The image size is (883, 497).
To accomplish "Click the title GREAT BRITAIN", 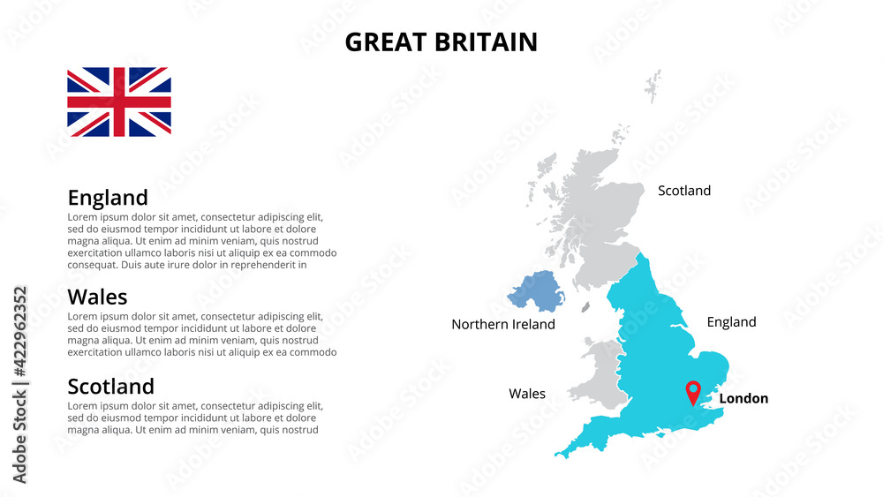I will click(441, 41).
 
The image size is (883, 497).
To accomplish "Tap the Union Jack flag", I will click(119, 102).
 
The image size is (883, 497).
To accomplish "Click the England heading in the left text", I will click(108, 197).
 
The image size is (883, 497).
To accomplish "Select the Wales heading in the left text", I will click(97, 297).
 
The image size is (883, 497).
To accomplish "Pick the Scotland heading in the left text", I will click(110, 386).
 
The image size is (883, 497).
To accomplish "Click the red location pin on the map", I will click(693, 391).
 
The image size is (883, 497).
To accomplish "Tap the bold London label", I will click(743, 398).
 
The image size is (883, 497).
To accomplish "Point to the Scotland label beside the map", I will click(684, 191).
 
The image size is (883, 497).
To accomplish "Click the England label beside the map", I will click(731, 322).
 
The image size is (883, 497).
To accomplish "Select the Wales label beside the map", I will click(527, 394).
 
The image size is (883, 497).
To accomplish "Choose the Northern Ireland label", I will click(503, 324).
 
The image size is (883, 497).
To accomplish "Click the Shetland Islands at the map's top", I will click(653, 86).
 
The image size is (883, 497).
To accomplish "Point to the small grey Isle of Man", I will click(585, 307).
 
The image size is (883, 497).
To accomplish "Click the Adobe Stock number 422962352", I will click(20, 384).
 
